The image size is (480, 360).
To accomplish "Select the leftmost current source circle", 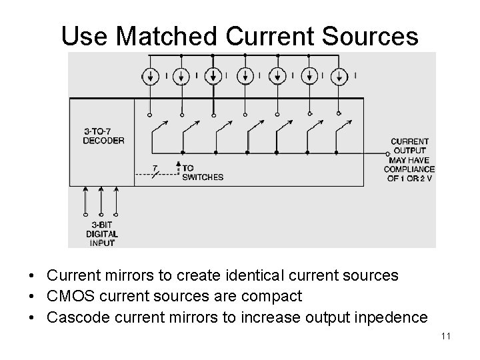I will coord(149,75).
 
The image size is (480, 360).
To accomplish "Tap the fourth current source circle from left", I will coord(244,75).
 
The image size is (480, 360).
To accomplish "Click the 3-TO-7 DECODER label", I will coord(103,135).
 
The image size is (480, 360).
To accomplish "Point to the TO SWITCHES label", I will coord(203,173).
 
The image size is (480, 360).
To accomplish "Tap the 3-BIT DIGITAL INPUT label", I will coord(102,234).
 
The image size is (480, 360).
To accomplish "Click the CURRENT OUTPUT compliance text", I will coord(409,160).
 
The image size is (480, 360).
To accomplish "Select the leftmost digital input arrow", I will coord(86,200).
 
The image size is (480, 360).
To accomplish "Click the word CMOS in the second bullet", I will coord(67,295).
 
